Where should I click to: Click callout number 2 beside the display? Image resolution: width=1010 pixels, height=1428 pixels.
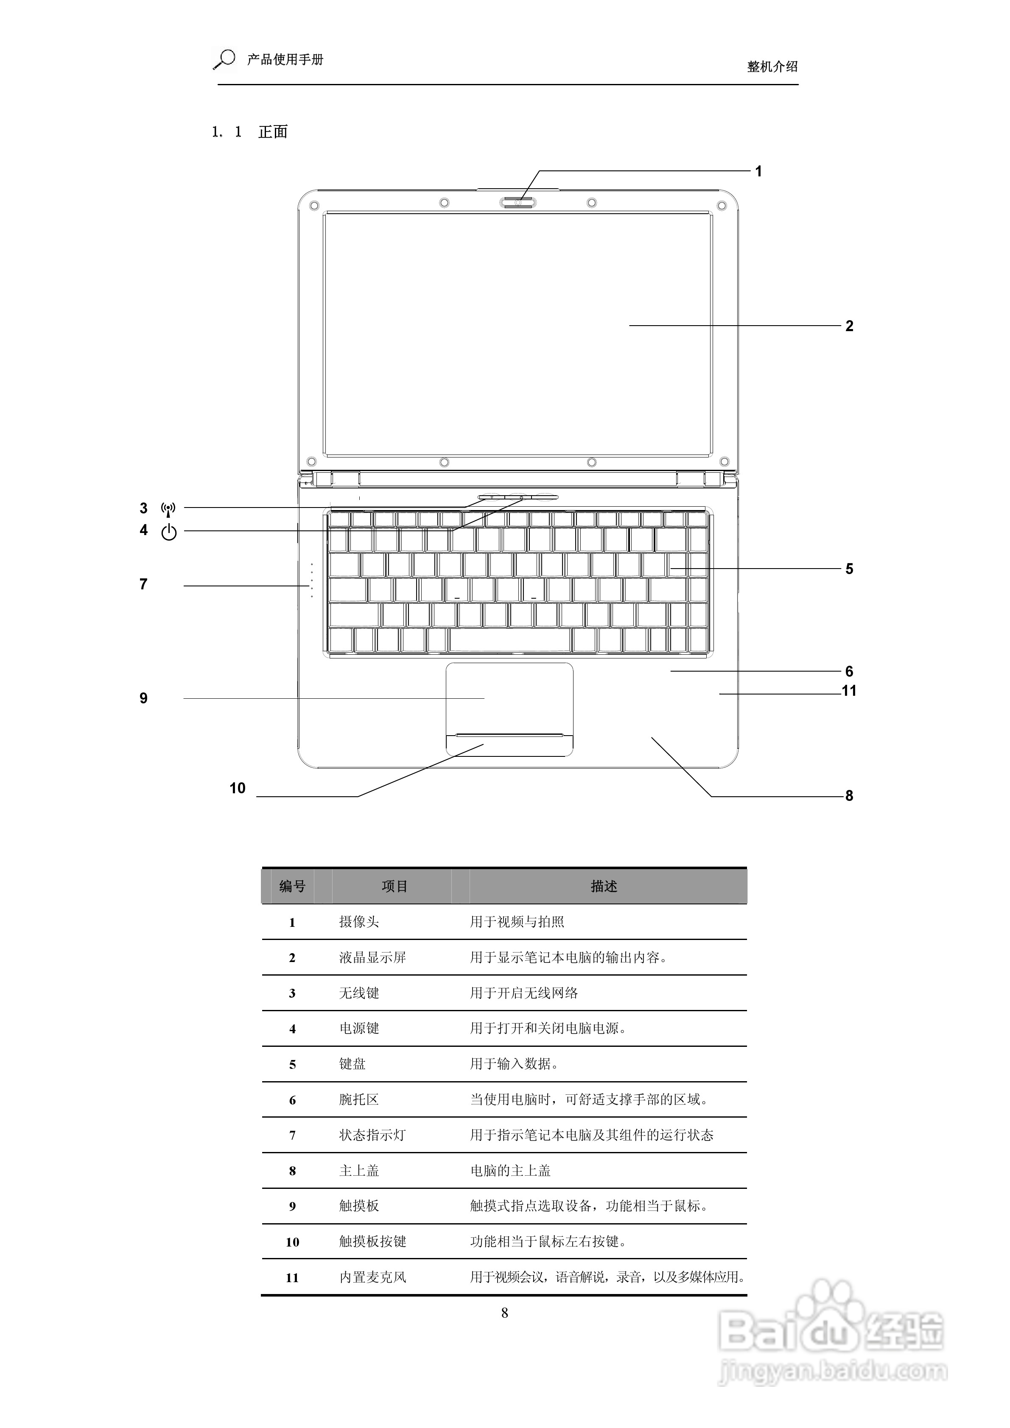coord(849,326)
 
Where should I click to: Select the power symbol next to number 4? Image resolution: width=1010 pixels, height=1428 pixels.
coord(169,533)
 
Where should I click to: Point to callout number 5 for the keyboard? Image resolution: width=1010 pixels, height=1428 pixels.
coord(849,569)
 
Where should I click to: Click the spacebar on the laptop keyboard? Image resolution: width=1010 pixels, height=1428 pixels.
coord(510,640)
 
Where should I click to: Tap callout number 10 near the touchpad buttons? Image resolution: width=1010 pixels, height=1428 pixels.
coord(237,789)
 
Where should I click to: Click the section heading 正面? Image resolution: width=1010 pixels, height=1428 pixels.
coord(273,132)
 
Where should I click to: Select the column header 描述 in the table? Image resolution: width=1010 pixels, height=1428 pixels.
coord(604,886)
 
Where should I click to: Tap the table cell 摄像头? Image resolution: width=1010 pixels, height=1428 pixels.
coord(359,922)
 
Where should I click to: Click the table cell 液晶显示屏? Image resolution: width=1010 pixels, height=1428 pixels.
coord(372,958)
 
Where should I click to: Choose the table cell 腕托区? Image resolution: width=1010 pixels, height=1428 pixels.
coord(359,1099)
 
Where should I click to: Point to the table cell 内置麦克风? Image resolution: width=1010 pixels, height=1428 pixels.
coord(372,1277)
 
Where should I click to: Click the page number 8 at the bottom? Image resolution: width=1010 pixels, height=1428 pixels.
coord(505,1313)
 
